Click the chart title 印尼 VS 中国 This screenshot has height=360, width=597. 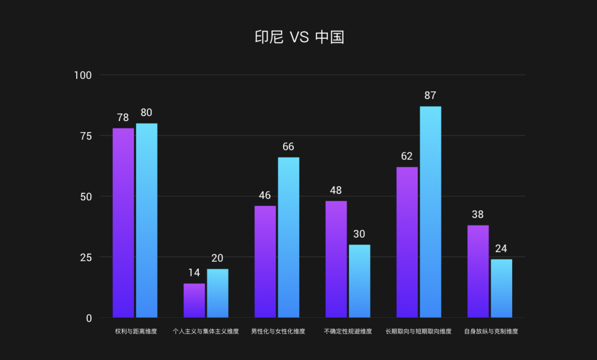[x=299, y=37]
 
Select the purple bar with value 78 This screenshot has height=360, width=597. [x=123, y=223]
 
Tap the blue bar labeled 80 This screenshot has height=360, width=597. [x=147, y=220]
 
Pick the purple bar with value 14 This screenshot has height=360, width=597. [x=194, y=300]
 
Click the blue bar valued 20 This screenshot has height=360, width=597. [x=217, y=293]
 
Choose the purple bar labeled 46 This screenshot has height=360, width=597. [x=265, y=261]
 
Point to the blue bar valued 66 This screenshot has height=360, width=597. [x=288, y=237]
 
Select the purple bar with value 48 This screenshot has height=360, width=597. [x=336, y=259]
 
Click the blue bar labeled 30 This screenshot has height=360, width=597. [x=359, y=281]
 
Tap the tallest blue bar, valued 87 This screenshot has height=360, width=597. [x=430, y=212]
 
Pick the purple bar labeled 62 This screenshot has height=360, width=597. [x=407, y=242]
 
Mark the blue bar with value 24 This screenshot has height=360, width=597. [x=501, y=288]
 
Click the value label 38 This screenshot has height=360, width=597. [x=478, y=214]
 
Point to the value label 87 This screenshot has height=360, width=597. [x=430, y=95]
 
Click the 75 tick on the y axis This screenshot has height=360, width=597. [x=86, y=136]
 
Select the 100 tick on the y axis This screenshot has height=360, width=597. [x=83, y=75]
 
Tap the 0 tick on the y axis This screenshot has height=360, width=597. [x=89, y=318]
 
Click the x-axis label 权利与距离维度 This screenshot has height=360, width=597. [x=136, y=331]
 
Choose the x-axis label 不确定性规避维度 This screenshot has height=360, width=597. [x=348, y=331]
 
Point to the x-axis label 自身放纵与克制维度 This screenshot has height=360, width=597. [x=491, y=331]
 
